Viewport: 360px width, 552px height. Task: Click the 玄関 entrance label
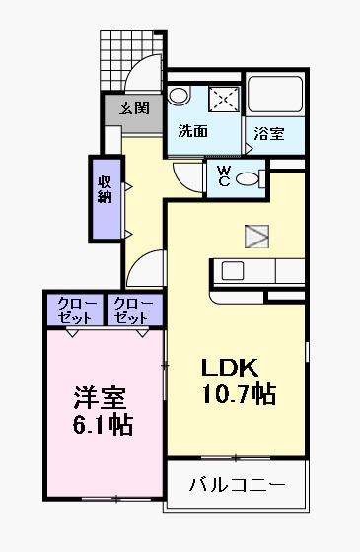click(x=134, y=107)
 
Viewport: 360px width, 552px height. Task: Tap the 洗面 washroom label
click(x=192, y=130)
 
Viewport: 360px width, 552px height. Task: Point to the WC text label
click(x=224, y=176)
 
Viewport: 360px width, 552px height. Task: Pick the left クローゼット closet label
click(x=76, y=310)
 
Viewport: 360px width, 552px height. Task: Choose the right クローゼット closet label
click(x=131, y=310)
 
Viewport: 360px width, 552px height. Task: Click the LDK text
click(x=230, y=369)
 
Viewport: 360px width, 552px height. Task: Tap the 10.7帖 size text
click(x=237, y=395)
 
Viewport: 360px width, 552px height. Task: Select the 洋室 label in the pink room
click(x=101, y=400)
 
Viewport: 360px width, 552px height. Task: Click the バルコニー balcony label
click(x=237, y=485)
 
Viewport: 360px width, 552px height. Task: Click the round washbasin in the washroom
click(x=179, y=96)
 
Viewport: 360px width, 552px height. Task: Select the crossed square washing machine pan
click(x=225, y=100)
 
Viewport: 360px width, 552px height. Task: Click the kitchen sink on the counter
click(x=233, y=271)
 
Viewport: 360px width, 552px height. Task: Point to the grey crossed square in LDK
click(x=256, y=235)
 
